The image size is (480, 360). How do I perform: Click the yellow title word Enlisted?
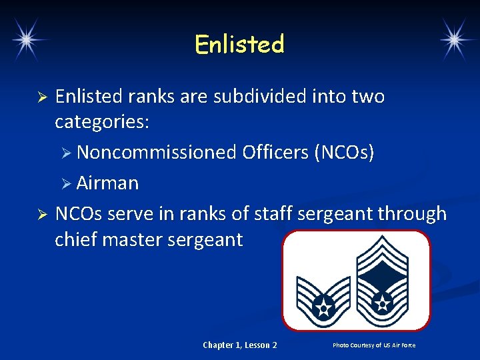click(x=239, y=45)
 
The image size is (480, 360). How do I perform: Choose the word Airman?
click(x=107, y=183)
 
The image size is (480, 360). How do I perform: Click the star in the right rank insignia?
click(x=383, y=303)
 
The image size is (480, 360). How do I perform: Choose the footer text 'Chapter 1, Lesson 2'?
click(x=239, y=345)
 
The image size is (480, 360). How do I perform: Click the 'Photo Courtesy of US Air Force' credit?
click(x=374, y=345)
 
